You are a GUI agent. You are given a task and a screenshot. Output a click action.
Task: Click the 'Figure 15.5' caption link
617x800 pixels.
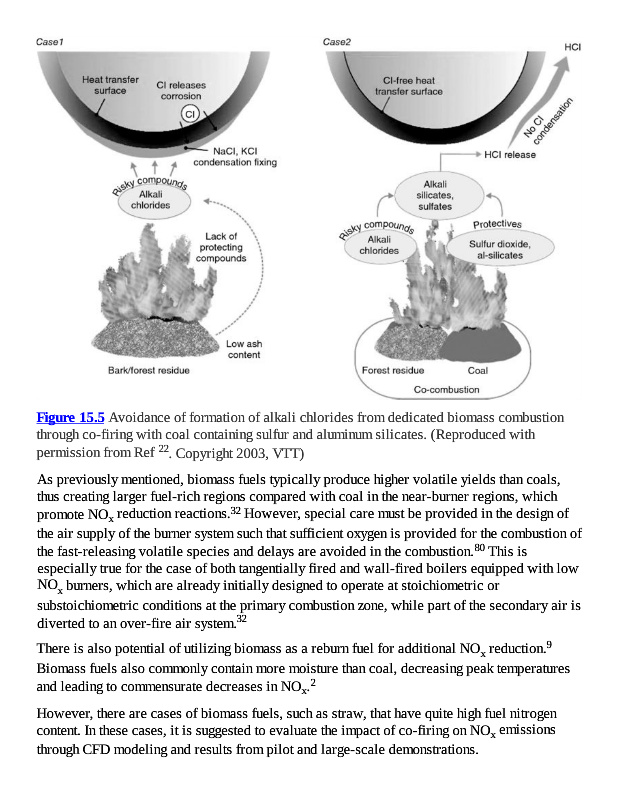(x=70, y=416)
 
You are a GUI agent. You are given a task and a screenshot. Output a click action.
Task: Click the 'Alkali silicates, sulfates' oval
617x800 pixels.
(x=435, y=191)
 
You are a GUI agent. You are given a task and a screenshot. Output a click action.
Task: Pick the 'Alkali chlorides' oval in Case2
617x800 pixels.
(x=380, y=246)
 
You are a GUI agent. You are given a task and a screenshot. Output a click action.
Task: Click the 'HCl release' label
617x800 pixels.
(x=510, y=155)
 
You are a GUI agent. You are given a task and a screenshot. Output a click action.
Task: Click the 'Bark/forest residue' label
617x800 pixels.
(x=149, y=371)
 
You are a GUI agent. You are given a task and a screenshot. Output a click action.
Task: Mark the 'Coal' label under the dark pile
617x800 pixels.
(x=477, y=370)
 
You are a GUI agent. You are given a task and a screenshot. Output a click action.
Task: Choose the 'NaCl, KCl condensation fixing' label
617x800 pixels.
(x=234, y=156)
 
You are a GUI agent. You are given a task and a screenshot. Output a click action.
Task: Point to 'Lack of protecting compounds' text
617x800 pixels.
(x=221, y=246)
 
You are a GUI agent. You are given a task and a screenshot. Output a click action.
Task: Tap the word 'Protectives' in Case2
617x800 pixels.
(x=497, y=224)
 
